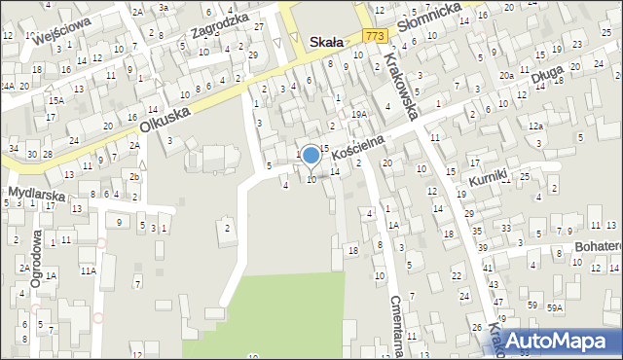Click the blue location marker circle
tap(311, 155)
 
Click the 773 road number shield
tap(378, 35)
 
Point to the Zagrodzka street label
tap(215, 29)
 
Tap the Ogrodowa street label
tap(37, 259)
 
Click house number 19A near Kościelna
tap(359, 114)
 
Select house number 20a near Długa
tap(506, 76)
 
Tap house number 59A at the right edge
tap(555, 307)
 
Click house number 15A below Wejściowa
tap(57, 100)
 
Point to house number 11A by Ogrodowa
tap(89, 270)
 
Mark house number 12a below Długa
tap(534, 126)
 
